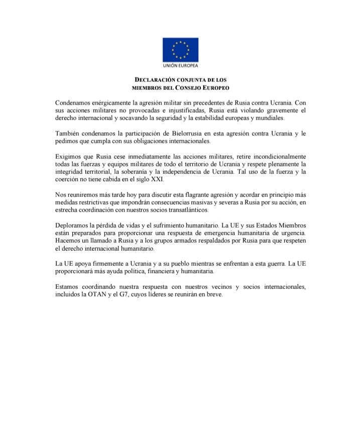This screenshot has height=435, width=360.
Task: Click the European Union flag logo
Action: click(x=180, y=50)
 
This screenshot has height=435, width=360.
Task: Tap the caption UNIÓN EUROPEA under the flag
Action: click(x=180, y=66)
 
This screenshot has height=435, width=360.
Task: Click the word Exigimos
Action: click(x=69, y=156)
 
